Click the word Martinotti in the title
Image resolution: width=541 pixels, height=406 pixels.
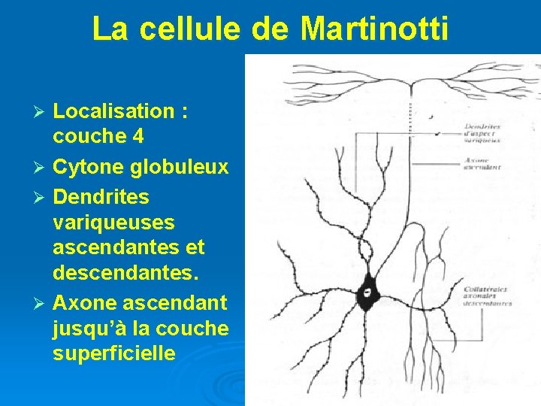point(374,29)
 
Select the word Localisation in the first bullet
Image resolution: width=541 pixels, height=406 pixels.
point(113,112)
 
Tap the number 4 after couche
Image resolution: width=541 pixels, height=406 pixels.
point(137,137)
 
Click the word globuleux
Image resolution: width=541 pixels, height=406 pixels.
point(180,167)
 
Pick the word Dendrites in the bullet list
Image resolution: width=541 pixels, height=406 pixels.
point(101,197)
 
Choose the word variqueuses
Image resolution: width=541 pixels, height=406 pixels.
point(113,223)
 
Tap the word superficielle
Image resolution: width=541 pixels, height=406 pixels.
point(113,353)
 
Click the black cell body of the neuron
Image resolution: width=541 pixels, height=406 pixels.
point(367,289)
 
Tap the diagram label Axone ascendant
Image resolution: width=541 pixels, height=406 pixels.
point(483,164)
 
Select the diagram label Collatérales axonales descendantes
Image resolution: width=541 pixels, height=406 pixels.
point(488,295)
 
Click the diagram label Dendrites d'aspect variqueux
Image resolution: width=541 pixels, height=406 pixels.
point(483,133)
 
